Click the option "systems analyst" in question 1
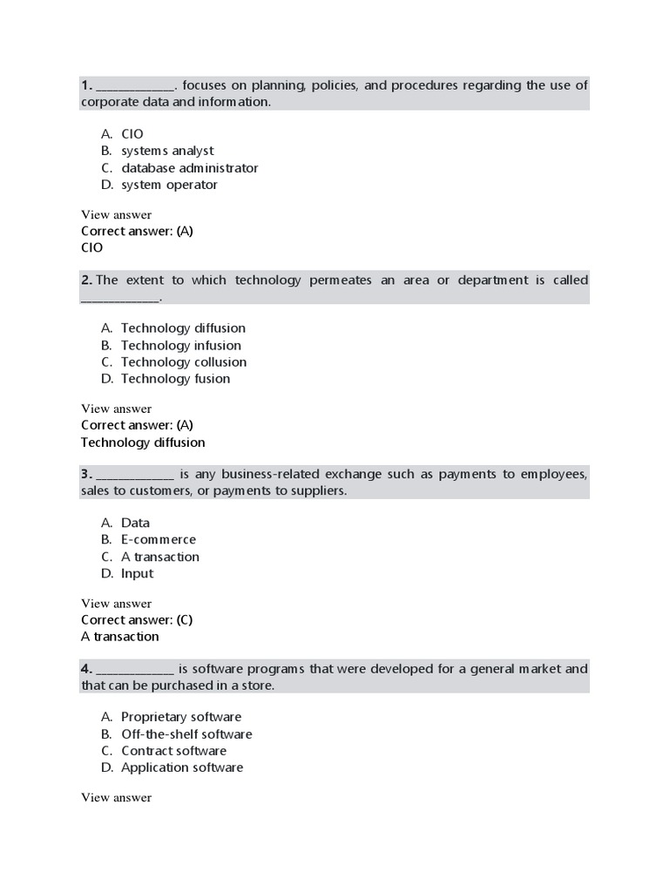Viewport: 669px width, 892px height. click(166, 151)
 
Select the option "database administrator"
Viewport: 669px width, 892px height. click(189, 168)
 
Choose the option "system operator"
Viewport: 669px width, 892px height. click(169, 185)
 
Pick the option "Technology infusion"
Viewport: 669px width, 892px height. click(180, 345)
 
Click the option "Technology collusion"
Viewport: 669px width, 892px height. click(183, 362)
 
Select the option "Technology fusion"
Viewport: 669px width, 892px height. click(175, 379)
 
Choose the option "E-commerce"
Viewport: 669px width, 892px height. click(159, 539)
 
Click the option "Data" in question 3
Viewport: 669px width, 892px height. click(135, 523)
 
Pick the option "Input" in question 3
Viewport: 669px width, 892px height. click(137, 573)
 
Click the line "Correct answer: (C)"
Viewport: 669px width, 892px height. click(137, 620)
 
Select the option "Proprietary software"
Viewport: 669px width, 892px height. click(181, 717)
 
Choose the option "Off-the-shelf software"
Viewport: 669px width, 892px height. click(186, 734)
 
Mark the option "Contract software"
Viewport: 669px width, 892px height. click(173, 751)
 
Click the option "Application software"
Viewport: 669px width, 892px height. click(182, 767)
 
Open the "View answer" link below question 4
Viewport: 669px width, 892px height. click(116, 798)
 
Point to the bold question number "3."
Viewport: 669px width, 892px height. click(86, 474)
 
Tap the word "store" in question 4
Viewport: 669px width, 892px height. click(258, 686)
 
